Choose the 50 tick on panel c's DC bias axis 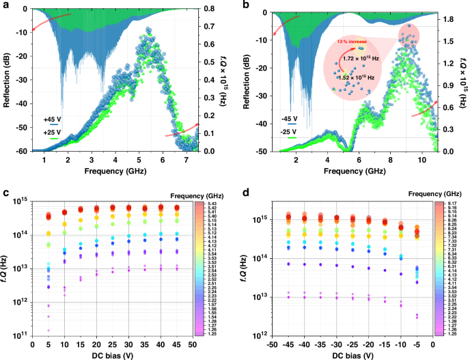click(191, 346)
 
